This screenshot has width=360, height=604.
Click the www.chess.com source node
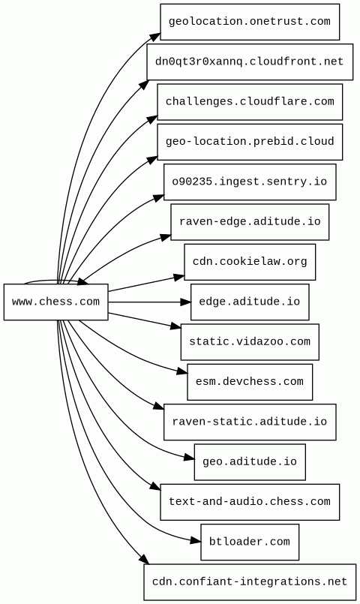tap(55, 302)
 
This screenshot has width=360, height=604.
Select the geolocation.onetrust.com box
tap(250, 22)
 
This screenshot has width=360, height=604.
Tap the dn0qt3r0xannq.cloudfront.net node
tap(250, 62)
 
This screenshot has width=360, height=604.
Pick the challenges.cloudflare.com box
tap(250, 102)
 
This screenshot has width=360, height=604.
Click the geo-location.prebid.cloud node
tap(250, 142)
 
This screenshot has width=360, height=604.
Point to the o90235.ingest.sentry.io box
tap(250, 182)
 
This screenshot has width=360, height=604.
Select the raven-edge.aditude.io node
tap(250, 222)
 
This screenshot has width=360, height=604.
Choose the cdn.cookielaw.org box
tap(250, 262)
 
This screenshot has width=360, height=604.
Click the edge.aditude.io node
tap(250, 302)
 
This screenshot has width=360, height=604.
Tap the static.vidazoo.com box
tap(250, 342)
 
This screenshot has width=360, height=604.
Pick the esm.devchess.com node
tap(250, 382)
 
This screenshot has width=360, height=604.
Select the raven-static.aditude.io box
tap(250, 422)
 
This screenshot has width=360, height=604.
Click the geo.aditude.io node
tap(250, 462)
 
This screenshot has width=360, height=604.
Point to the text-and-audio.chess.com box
tap(250, 502)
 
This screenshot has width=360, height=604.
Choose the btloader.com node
tap(250, 542)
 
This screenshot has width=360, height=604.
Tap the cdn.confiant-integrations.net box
tap(250, 582)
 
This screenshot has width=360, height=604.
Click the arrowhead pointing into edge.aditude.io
tap(185, 302)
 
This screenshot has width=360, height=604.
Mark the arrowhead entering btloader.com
tap(196, 541)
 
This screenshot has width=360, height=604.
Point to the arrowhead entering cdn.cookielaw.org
tap(179, 277)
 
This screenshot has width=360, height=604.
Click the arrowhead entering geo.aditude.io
tap(189, 458)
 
